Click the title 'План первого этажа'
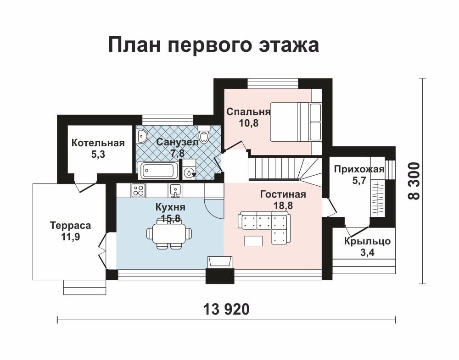point(213,45)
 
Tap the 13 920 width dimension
point(226,309)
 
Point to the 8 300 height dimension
point(414,181)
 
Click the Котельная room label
point(98,143)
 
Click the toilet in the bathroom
point(203,133)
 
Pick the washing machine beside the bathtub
point(189,170)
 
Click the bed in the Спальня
point(296,122)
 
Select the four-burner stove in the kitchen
point(139,190)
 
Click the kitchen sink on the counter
point(175,190)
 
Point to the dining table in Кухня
point(169,234)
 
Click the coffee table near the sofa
point(254,241)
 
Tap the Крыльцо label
point(367,241)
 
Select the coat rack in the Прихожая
point(378,198)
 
